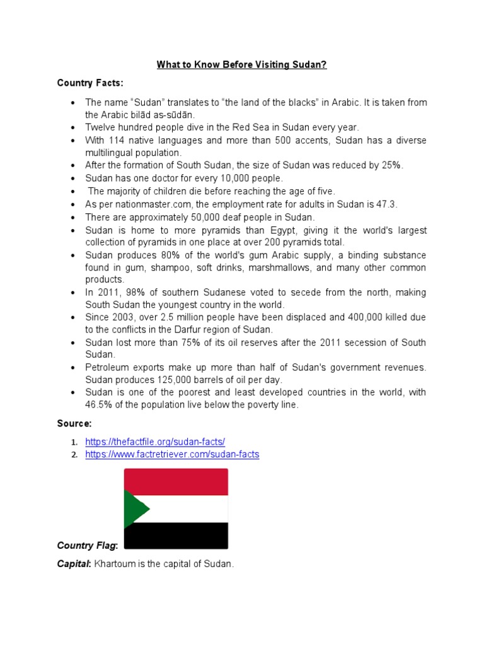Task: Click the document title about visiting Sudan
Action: (241, 64)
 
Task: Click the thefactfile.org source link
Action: (155, 442)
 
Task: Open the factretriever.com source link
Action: (172, 454)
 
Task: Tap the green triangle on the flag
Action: (134, 508)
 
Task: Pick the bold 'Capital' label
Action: (74, 564)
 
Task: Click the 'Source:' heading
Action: (74, 423)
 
